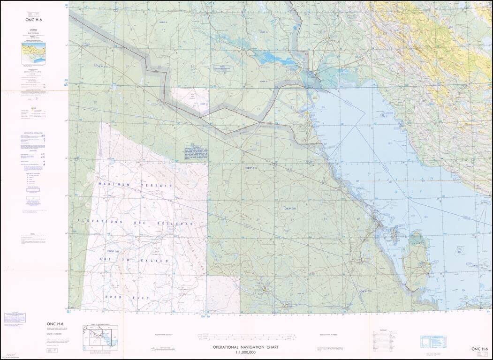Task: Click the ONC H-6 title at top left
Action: click(x=34, y=20)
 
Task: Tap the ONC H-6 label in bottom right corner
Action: click(x=480, y=349)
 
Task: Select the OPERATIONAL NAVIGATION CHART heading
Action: click(x=246, y=347)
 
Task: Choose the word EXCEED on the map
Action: click(x=152, y=260)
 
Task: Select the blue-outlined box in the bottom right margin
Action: click(x=433, y=341)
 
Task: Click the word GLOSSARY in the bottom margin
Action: click(x=387, y=330)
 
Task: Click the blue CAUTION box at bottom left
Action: click(x=14, y=318)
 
